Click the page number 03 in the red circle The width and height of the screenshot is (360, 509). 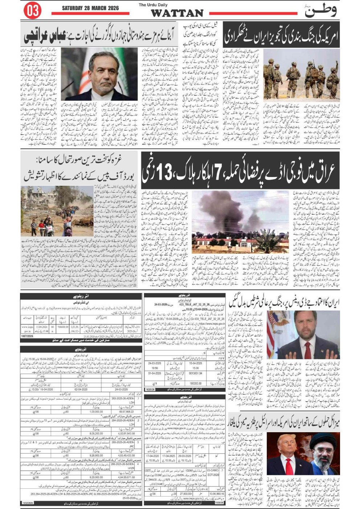[32, 11]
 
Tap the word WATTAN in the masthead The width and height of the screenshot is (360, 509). [177, 13]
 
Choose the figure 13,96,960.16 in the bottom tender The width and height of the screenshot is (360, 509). [217, 494]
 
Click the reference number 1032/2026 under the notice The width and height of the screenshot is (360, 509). [28, 503]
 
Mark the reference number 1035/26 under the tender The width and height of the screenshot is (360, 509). [150, 389]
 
